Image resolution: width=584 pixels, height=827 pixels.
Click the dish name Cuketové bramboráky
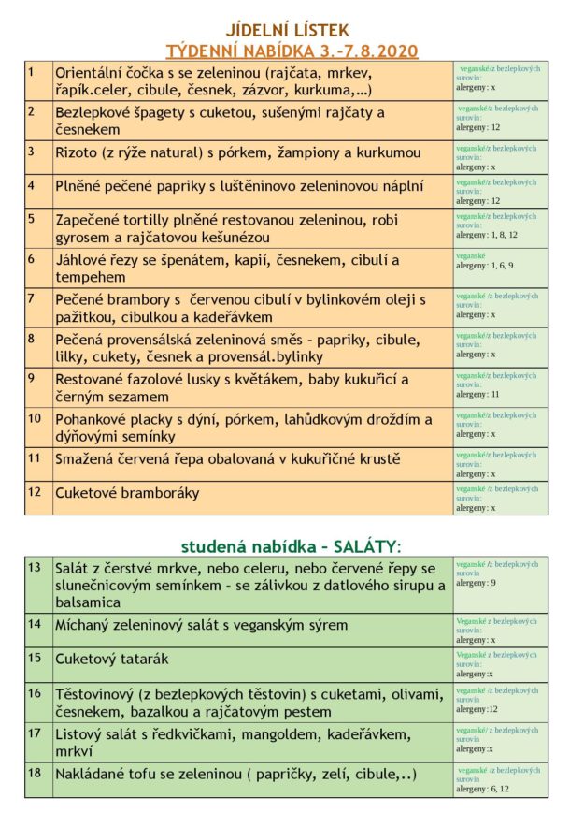click(x=127, y=493)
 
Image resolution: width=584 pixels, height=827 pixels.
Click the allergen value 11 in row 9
click(x=495, y=395)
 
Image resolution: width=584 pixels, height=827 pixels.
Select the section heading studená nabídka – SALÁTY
click(x=291, y=545)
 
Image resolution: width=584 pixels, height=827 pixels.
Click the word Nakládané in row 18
click(x=96, y=775)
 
